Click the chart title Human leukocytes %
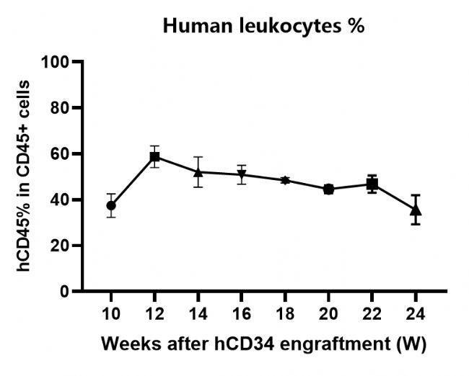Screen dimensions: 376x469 (x=265, y=27)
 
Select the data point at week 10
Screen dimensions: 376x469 (x=111, y=205)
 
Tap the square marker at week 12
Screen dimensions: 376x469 (x=154, y=156)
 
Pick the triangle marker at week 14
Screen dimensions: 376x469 (x=198, y=172)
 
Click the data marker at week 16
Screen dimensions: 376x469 (x=242, y=174)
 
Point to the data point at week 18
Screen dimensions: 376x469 (x=285, y=180)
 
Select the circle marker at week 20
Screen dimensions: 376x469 (x=328, y=189)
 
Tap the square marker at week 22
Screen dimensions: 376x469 (x=372, y=184)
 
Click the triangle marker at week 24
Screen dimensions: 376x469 (x=416, y=210)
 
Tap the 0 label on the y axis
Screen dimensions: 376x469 (x=64, y=292)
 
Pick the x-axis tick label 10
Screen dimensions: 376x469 (x=111, y=315)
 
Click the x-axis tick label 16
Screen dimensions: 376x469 (x=242, y=315)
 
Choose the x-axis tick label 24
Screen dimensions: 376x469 (x=416, y=315)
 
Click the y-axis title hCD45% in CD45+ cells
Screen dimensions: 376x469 (x=25, y=176)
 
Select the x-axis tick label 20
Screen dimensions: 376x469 (x=328, y=315)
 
